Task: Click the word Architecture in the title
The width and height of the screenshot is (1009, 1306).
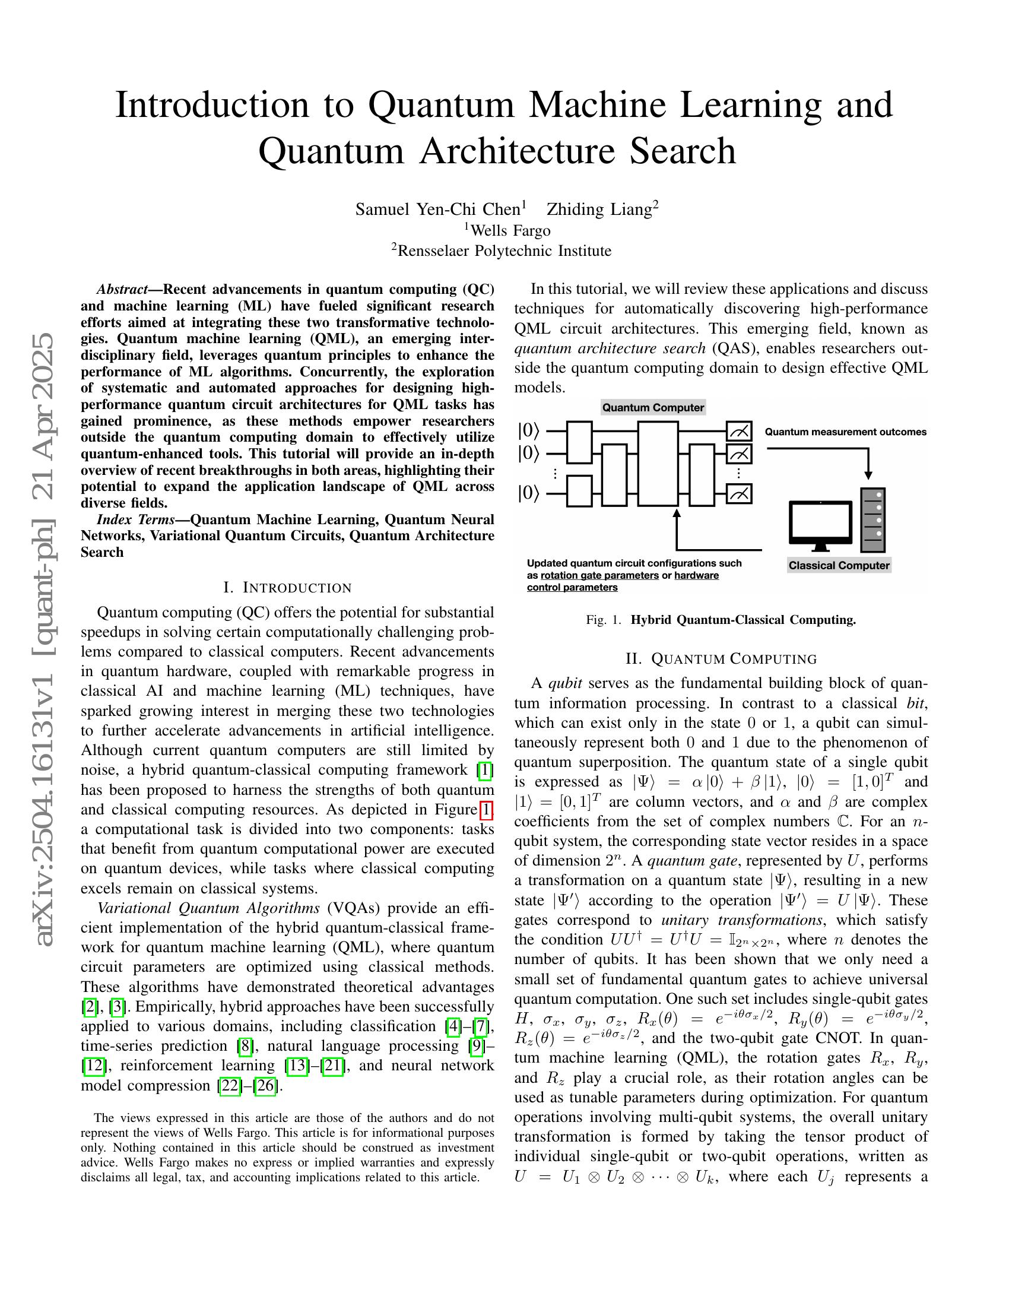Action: (x=517, y=151)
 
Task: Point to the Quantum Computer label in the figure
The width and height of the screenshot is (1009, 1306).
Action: (x=653, y=408)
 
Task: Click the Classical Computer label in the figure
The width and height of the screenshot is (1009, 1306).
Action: (x=839, y=566)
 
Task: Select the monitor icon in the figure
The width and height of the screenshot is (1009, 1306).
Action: (x=820, y=525)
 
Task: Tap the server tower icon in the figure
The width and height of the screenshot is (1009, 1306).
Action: (x=872, y=519)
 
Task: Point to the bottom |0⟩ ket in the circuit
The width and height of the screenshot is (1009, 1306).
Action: (x=528, y=493)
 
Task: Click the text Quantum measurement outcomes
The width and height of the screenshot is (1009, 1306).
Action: (x=845, y=432)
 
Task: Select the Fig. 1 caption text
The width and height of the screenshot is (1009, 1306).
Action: (x=721, y=620)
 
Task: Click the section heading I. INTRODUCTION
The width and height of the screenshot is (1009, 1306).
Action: (x=287, y=588)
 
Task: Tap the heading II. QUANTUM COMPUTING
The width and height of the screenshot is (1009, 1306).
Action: (x=721, y=659)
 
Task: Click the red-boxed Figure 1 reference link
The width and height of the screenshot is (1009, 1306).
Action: (x=487, y=810)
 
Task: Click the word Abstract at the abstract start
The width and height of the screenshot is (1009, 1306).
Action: (x=122, y=290)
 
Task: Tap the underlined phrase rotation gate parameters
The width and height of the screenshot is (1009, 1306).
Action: (x=599, y=576)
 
